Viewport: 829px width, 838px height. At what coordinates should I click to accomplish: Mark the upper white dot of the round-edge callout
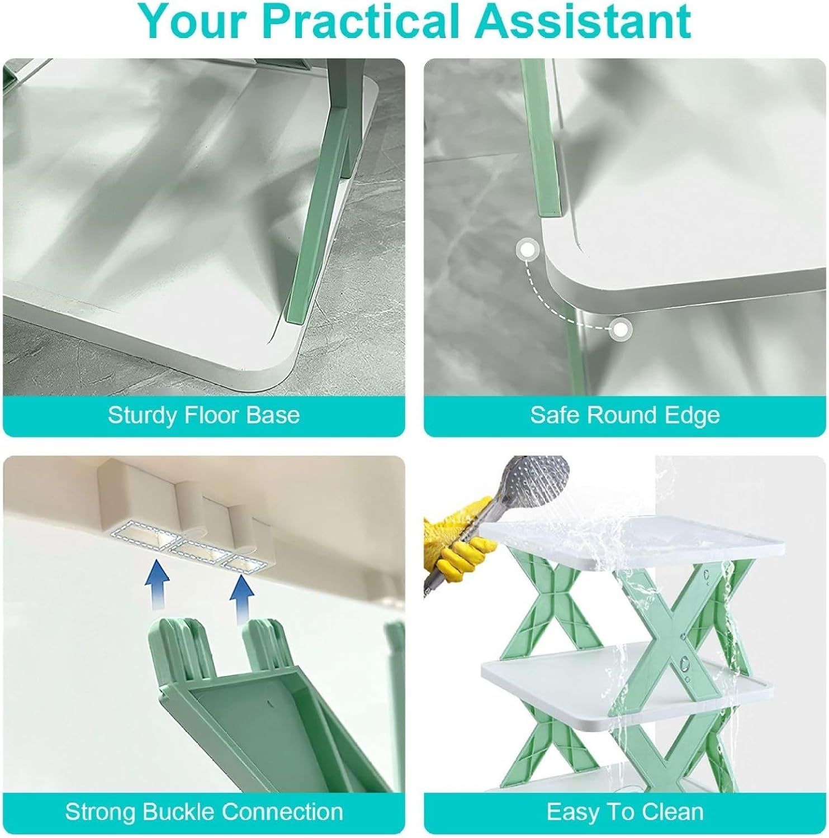tap(527, 250)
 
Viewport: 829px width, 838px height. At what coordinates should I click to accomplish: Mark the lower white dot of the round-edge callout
tap(619, 330)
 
